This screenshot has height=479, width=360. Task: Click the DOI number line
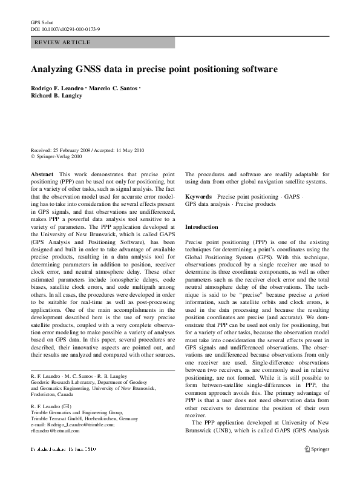click(65, 28)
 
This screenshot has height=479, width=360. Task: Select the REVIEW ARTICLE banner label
click(63, 42)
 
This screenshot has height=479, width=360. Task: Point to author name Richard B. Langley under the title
click(56, 96)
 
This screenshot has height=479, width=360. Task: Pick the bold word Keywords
click(198, 197)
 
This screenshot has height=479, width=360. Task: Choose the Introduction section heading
click(201, 226)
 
